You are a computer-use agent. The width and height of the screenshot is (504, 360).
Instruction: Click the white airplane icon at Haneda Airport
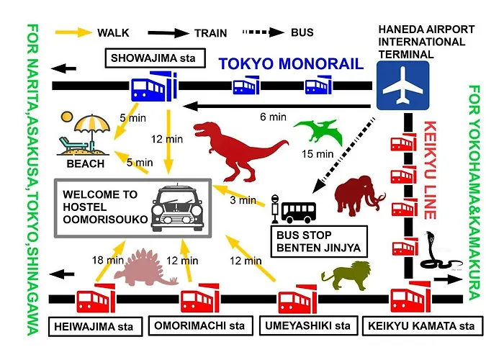pyautogui.click(x=402, y=86)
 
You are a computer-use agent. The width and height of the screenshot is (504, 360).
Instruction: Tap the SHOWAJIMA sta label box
pyautogui.click(x=156, y=58)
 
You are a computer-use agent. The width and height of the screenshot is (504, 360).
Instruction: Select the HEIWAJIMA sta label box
pyautogui.click(x=96, y=327)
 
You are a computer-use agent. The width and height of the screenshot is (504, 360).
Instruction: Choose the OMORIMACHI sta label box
pyautogui.click(x=201, y=325)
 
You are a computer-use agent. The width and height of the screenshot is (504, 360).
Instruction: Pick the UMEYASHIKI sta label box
pyautogui.click(x=309, y=325)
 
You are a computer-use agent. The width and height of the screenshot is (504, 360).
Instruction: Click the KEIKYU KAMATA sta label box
pyautogui.click(x=423, y=326)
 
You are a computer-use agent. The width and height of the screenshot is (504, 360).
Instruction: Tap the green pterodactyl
pyautogui.click(x=318, y=132)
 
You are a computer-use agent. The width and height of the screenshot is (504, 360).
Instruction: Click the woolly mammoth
pyautogui.click(x=359, y=195)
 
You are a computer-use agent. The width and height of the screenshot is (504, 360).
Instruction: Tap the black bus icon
pyautogui.click(x=298, y=212)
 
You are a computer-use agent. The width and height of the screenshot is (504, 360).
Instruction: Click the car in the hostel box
pyautogui.click(x=177, y=208)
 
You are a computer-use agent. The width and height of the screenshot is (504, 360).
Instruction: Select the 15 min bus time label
pyautogui.click(x=318, y=154)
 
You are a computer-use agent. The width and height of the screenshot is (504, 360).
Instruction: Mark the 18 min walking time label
pyautogui.click(x=108, y=260)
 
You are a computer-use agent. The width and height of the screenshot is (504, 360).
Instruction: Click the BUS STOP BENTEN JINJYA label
pyautogui.click(x=319, y=241)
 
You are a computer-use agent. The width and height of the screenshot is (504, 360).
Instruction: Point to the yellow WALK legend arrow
pyautogui.click(x=73, y=32)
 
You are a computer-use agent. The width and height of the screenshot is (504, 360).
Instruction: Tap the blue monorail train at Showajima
pyautogui.click(x=154, y=86)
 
